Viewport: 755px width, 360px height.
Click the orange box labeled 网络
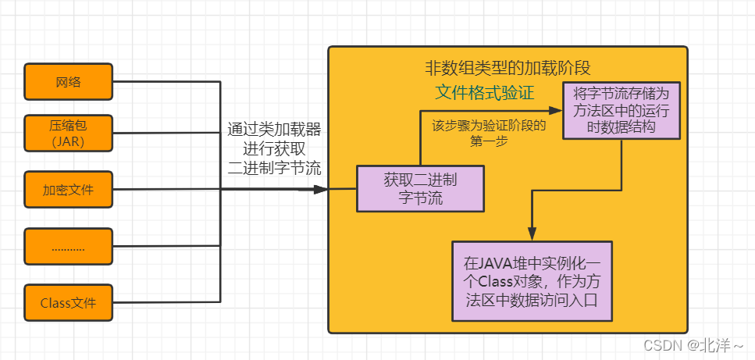point(69,81)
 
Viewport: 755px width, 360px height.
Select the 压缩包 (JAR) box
point(69,133)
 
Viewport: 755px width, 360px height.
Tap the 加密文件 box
point(69,190)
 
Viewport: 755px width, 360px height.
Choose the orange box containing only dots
point(69,247)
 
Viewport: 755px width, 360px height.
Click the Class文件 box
point(69,303)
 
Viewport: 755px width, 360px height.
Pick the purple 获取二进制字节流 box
point(420,188)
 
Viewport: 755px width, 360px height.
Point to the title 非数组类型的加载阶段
point(508,66)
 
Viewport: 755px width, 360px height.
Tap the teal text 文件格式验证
point(484,94)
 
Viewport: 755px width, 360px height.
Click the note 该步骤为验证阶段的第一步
point(489,131)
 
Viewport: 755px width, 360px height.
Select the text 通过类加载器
point(274,129)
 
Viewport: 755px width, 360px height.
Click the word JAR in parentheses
point(68,142)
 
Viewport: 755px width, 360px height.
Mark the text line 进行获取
point(274,148)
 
